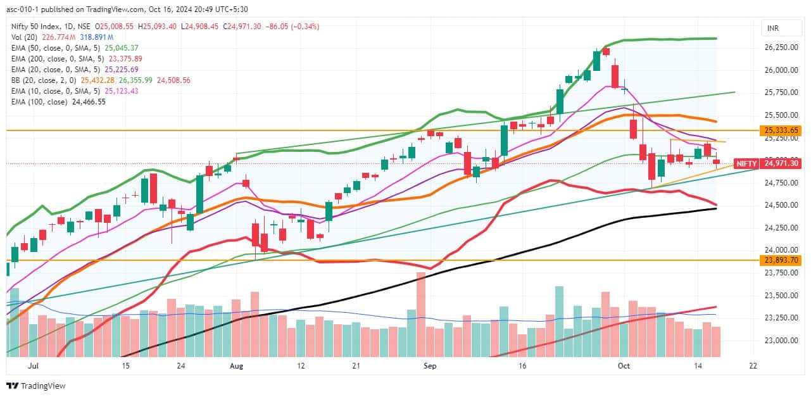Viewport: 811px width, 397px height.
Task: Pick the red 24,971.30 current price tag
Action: pyautogui.click(x=783, y=163)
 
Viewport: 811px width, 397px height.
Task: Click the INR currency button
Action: pyautogui.click(x=773, y=28)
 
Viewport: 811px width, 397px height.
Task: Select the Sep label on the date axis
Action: pyautogui.click(x=431, y=366)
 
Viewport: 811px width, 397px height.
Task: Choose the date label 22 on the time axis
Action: pyautogui.click(x=753, y=366)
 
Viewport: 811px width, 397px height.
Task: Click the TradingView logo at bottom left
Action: pyautogui.click(x=36, y=386)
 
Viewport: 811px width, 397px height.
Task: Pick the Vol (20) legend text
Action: pyautogui.click(x=25, y=37)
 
